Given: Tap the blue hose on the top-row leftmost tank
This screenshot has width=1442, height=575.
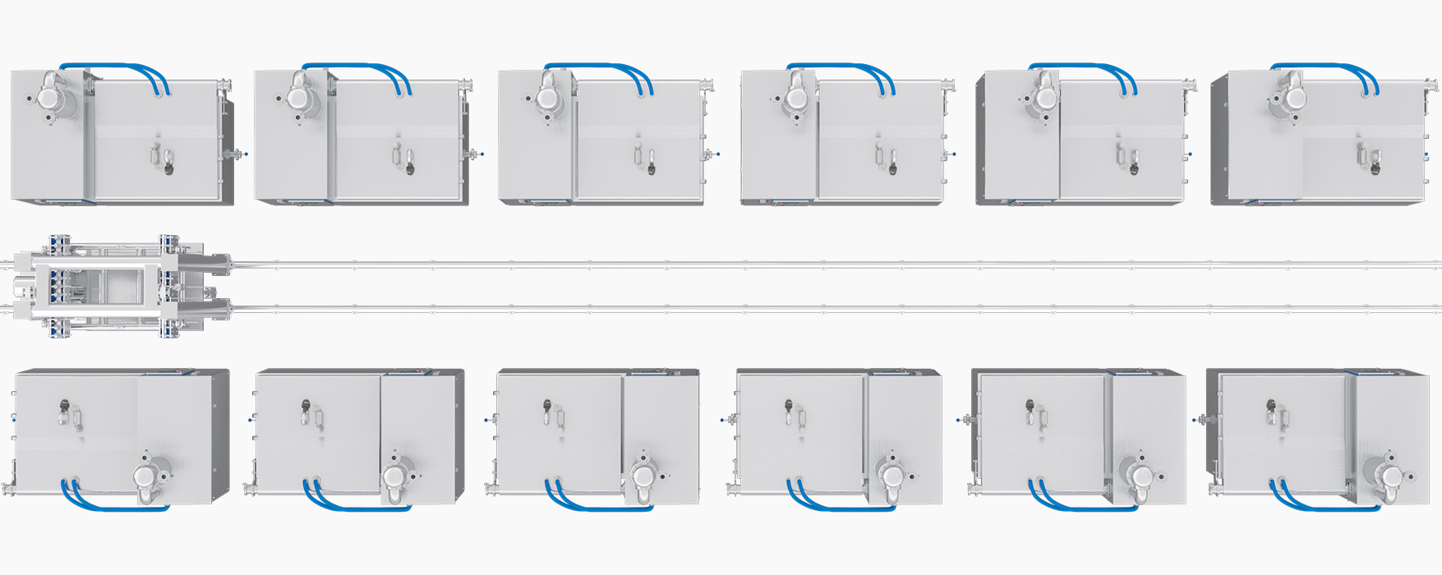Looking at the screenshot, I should pos(115,66).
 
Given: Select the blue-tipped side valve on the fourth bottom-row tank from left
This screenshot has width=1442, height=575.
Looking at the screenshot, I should pos(723,420).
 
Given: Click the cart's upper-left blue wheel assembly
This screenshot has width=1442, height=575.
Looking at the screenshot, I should pos(58,244).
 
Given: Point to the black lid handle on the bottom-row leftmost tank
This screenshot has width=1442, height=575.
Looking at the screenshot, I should pos(64,405).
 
